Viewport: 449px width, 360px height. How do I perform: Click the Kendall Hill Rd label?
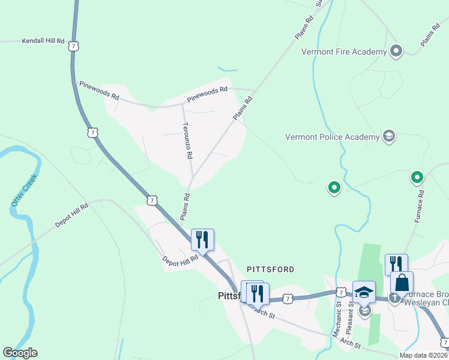[x=43, y=41]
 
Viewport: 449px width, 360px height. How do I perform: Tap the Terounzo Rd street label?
[x=187, y=140]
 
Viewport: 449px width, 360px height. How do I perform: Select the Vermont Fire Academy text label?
[x=344, y=52]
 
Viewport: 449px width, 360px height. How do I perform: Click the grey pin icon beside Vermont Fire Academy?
[x=396, y=51]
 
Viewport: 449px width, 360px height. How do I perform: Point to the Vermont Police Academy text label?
[x=333, y=137]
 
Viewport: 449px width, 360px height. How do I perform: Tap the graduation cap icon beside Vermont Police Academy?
[x=388, y=136]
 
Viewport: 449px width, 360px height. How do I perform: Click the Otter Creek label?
[x=24, y=190]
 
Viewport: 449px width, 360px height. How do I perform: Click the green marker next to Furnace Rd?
[x=417, y=177]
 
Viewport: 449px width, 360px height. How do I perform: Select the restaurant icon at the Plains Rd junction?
[x=202, y=239]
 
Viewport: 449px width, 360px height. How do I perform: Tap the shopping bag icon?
[x=402, y=282]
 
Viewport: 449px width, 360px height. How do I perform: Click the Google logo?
[x=20, y=353]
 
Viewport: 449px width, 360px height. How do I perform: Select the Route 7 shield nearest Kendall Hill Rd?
[x=73, y=46]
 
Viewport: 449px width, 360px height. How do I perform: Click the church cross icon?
[x=394, y=297]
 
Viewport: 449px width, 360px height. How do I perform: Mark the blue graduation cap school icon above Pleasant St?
[x=363, y=292]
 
